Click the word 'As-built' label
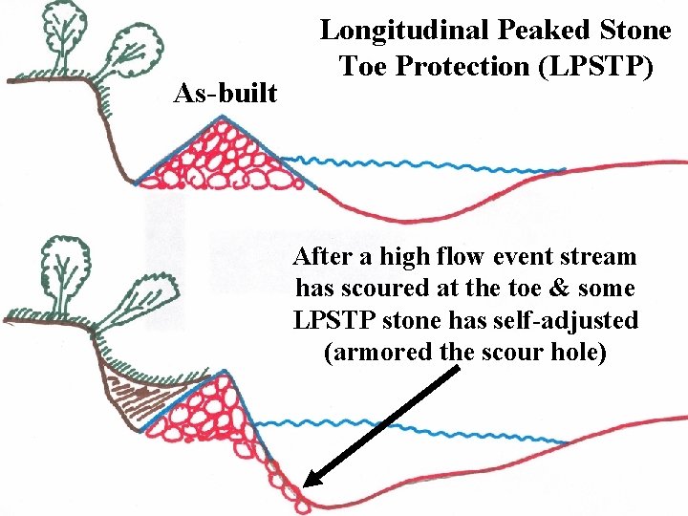(x=226, y=94)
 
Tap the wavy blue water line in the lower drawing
(x=401, y=422)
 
